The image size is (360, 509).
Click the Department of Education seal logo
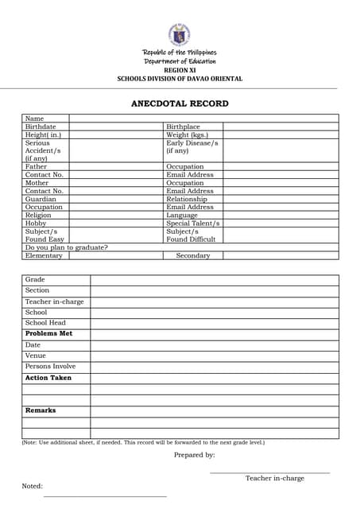pyautogui.click(x=179, y=34)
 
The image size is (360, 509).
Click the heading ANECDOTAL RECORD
pyautogui.click(x=180, y=103)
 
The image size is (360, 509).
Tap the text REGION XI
pyautogui.click(x=180, y=70)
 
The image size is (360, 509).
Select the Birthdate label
pyautogui.click(x=41, y=126)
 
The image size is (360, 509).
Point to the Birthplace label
pyautogui.click(x=183, y=126)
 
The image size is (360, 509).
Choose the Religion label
pyautogui.click(x=38, y=215)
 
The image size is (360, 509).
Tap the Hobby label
pyautogui.click(x=36, y=223)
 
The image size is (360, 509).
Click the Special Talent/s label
pyautogui.click(x=193, y=223)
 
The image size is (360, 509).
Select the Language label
pyautogui.click(x=182, y=215)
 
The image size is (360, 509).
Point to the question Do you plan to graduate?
pyautogui.click(x=67, y=247)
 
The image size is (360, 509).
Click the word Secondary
pyautogui.click(x=192, y=255)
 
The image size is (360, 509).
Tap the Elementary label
pyautogui.click(x=44, y=255)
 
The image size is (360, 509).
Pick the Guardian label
pyautogui.click(x=41, y=199)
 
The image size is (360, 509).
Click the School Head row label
pyautogui.click(x=45, y=323)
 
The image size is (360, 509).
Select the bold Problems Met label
pyautogui.click(x=48, y=333)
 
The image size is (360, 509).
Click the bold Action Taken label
pyautogui.click(x=48, y=378)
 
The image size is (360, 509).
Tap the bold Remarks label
pyautogui.click(x=41, y=410)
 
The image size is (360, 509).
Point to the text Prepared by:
pyautogui.click(x=194, y=455)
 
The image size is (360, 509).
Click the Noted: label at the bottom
pyautogui.click(x=32, y=486)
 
